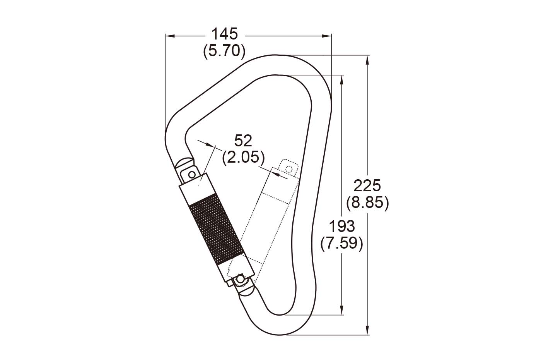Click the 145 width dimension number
click(x=225, y=34)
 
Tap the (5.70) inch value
click(x=224, y=52)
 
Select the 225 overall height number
click(x=367, y=185)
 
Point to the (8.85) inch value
click(x=367, y=203)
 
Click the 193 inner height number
click(x=342, y=226)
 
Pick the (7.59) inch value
click(x=342, y=244)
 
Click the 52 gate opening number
click(x=243, y=141)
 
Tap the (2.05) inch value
click(x=243, y=157)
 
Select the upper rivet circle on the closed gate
click(x=191, y=175)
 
